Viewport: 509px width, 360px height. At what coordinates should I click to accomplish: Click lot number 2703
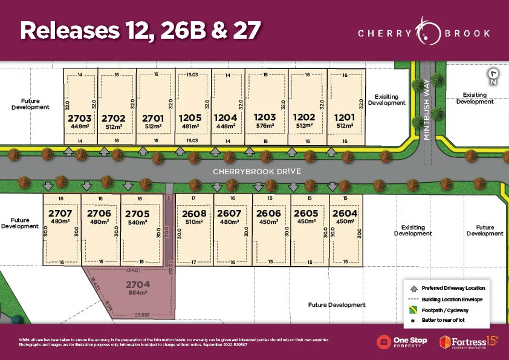coord(80,118)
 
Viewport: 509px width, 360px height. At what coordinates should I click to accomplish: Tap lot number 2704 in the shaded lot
coord(137,283)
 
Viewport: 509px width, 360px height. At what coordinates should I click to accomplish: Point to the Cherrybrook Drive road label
coord(256,172)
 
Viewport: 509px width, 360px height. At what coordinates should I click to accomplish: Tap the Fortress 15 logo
coord(468,342)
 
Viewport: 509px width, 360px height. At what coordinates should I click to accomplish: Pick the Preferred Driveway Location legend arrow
coord(413,288)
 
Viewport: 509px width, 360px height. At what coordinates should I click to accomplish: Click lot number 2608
coord(194,214)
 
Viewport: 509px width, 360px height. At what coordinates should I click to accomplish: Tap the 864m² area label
coord(137,292)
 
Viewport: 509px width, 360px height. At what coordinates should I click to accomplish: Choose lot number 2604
coord(345,214)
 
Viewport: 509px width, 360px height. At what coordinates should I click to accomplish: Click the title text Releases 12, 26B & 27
coord(140,31)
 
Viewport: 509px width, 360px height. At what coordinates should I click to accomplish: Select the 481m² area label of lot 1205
coord(190,126)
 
